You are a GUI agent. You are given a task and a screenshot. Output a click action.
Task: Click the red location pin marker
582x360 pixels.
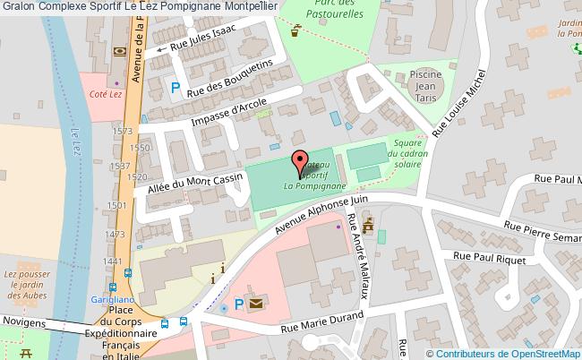[x=299, y=162]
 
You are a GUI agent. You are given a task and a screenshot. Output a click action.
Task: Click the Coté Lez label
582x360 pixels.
[x=99, y=94]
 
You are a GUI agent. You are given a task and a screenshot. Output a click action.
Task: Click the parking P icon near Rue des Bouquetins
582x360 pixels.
[x=175, y=87]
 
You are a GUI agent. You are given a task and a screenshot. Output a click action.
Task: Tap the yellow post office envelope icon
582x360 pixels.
[x=257, y=305]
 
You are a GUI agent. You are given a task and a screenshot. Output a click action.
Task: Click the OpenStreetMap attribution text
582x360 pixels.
[x=505, y=352]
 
